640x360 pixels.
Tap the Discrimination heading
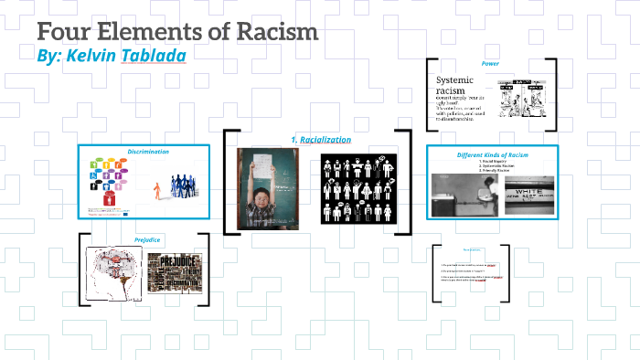tap(147, 152)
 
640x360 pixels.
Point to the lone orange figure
tap(156, 190)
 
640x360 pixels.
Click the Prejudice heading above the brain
tap(147, 239)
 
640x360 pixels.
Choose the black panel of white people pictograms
tap(357, 189)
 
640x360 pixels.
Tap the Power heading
tap(490, 63)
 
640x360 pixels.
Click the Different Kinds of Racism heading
tap(493, 154)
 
